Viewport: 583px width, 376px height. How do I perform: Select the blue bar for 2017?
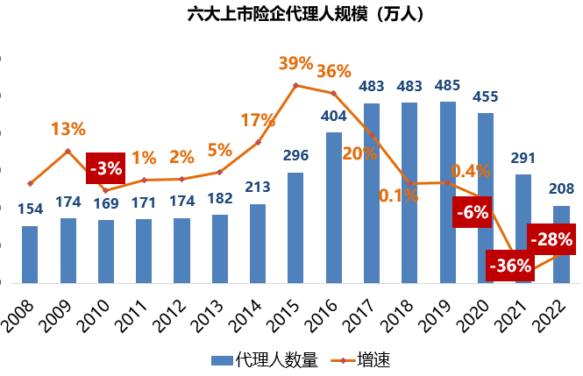[x=371, y=193]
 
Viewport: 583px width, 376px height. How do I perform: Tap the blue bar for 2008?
[x=30, y=254]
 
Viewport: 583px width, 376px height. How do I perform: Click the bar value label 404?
[x=334, y=116]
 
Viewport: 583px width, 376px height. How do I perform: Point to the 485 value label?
[x=446, y=87]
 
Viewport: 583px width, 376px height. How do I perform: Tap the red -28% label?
[x=551, y=238]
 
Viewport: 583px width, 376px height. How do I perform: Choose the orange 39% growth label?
[x=295, y=63]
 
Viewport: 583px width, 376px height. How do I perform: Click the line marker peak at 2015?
[x=295, y=85]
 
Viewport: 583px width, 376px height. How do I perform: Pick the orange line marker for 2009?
[x=68, y=151]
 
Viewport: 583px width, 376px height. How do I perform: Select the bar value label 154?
[x=30, y=209]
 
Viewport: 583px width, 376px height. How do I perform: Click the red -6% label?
[x=472, y=212]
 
